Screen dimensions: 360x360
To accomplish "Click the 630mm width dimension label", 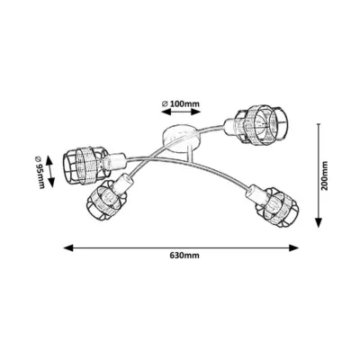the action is click(184, 256).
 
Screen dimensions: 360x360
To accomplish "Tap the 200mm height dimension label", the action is click(325, 175).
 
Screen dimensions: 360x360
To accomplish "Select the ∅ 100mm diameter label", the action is click(181, 104).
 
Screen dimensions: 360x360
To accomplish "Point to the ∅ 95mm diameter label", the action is click(40, 172).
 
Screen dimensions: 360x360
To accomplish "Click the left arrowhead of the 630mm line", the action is click(68, 247).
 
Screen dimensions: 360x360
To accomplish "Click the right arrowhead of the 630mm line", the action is click(293, 247).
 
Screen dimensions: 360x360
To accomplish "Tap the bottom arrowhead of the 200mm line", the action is click(319, 222).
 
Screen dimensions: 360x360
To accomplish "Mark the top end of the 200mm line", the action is click(319, 123).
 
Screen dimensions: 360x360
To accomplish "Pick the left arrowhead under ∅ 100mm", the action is click(166, 112).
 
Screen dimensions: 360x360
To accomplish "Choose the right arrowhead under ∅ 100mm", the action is click(195, 112).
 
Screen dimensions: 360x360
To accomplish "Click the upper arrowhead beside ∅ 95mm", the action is click(49, 160).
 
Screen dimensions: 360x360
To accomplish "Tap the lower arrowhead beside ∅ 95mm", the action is click(51, 183).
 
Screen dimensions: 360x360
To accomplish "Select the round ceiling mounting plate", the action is click(180, 138).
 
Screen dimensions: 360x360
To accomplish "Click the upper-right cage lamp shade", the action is click(261, 124).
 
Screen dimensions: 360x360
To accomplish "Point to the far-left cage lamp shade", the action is click(84, 164).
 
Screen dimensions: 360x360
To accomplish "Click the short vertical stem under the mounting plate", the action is click(189, 154).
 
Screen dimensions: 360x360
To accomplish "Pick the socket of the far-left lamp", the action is click(115, 160).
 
